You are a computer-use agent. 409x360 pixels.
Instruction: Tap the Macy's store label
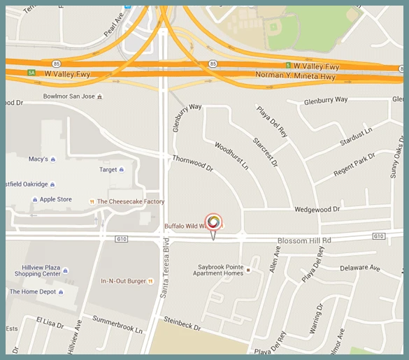[x=38, y=159]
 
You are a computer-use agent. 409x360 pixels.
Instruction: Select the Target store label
[x=108, y=170]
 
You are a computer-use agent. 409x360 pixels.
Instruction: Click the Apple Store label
[x=55, y=199]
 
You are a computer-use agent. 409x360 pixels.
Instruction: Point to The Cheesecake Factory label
[x=131, y=202]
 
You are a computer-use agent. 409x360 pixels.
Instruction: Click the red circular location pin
[x=214, y=222]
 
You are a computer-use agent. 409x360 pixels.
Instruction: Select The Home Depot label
[x=32, y=291]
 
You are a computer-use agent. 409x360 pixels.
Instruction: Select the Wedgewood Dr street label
[x=317, y=209]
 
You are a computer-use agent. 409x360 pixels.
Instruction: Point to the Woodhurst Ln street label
[x=231, y=156]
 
